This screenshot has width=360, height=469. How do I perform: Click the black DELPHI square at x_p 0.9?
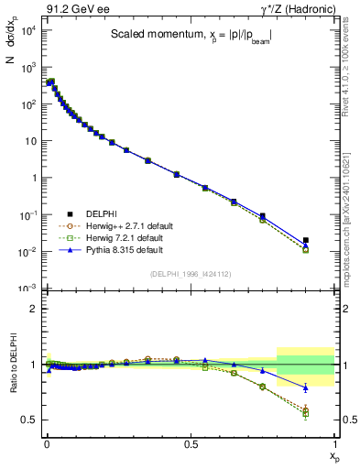tap(306, 240)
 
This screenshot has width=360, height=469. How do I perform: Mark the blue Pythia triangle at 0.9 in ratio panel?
tap(306, 387)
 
